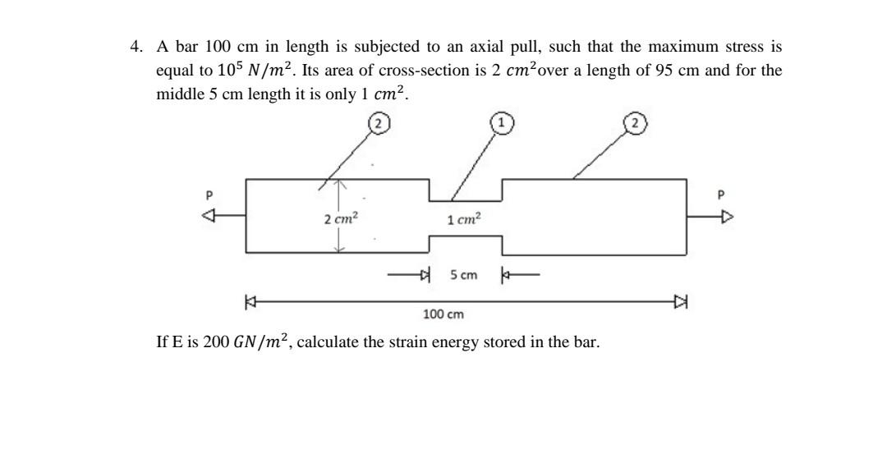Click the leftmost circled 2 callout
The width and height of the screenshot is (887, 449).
tap(378, 124)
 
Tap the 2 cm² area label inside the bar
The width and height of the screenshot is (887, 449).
tap(340, 219)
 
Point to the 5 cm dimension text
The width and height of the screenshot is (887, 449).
tap(463, 275)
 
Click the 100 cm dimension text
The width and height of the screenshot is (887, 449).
tap(443, 314)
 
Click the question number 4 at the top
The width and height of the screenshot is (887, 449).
tap(136, 47)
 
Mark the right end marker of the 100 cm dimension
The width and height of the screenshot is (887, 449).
tap(681, 302)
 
